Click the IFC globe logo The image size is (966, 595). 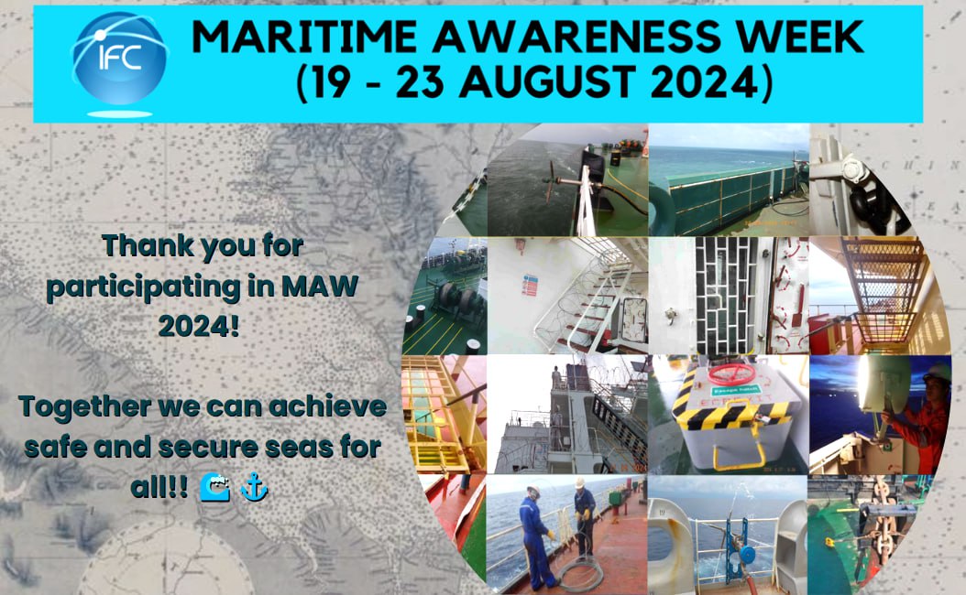pyautogui.click(x=119, y=59)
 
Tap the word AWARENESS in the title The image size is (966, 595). pyautogui.click(x=576, y=38)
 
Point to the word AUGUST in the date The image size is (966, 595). pyautogui.click(x=548, y=81)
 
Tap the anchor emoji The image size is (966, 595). pyautogui.click(x=254, y=488)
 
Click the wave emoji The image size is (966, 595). pyautogui.click(x=214, y=488)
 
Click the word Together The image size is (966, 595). pyautogui.click(x=84, y=406)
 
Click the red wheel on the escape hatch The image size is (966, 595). pyautogui.click(x=732, y=373)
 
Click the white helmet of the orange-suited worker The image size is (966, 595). pyautogui.click(x=938, y=372)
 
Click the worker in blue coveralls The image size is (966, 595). pyautogui.click(x=535, y=535)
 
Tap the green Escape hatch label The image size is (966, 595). pyautogui.click(x=736, y=390)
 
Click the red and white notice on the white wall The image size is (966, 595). pyautogui.click(x=529, y=287)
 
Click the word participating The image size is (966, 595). pyautogui.click(x=144, y=287)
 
